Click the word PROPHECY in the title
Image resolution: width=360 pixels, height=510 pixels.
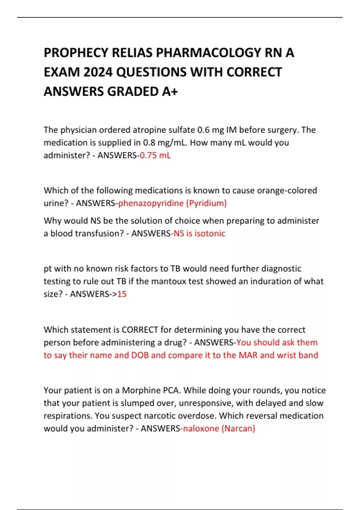(76, 53)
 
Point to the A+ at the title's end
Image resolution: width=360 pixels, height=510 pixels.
(170, 91)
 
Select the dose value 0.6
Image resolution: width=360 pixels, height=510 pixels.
(203, 130)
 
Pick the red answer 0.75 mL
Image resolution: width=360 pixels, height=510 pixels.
(155, 155)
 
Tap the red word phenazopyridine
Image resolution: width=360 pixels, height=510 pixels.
(151, 203)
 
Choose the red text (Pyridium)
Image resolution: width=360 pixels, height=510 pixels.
(206, 203)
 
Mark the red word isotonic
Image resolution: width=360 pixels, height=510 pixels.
(210, 233)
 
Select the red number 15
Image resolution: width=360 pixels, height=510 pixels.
(122, 294)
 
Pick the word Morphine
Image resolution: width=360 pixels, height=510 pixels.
(141, 390)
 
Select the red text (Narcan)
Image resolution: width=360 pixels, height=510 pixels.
(238, 428)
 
